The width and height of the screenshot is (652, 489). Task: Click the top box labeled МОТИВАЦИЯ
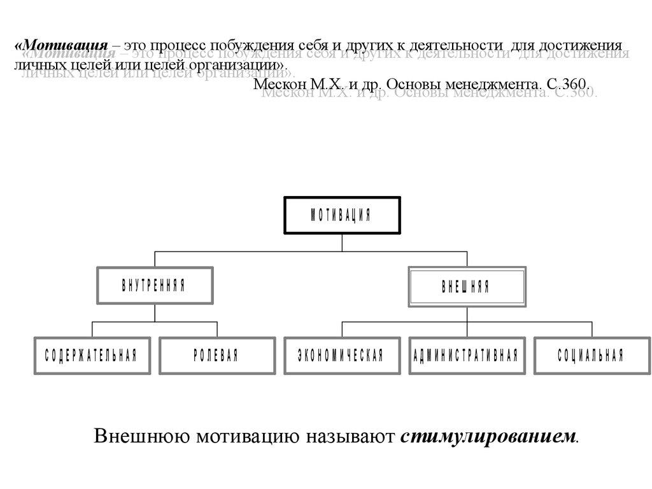[342, 216]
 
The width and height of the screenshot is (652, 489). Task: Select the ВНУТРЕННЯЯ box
[155, 286]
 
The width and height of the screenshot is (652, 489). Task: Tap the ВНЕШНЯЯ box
[467, 287]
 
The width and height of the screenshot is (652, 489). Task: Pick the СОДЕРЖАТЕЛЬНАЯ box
[92, 355]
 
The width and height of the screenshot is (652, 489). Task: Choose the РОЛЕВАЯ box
[217, 355]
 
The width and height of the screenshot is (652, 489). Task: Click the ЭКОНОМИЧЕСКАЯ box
[341, 355]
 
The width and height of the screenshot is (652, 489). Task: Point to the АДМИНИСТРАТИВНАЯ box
[466, 355]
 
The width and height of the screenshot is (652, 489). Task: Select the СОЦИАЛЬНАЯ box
[591, 355]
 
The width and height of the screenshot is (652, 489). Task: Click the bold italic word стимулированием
[488, 437]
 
